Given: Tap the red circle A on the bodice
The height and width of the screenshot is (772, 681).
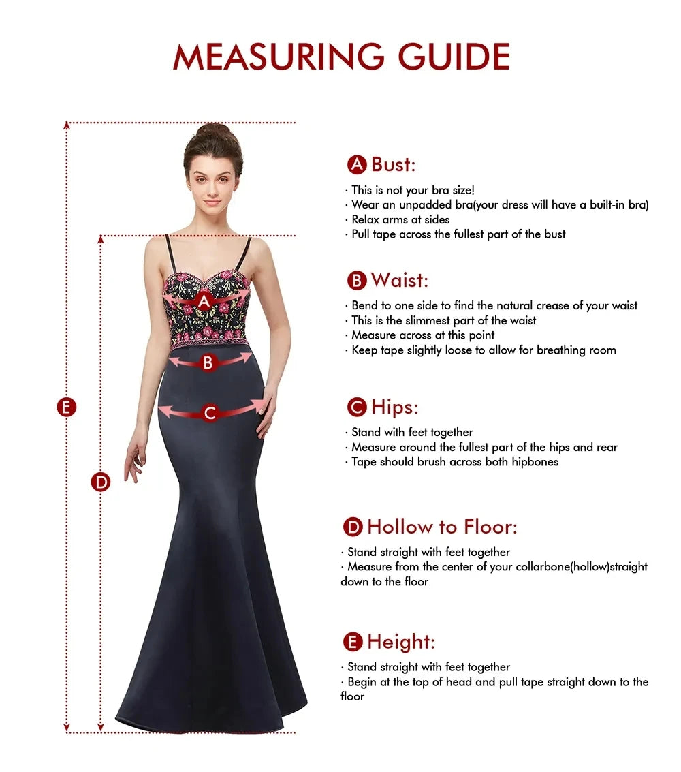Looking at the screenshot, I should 204,300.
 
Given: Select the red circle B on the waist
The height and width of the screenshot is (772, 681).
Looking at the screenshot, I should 208,363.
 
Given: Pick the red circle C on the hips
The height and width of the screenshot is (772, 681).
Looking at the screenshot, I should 210,412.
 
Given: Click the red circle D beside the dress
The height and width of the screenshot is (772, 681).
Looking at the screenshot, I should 101,482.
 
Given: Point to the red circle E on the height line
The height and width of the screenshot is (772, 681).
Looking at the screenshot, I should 66,407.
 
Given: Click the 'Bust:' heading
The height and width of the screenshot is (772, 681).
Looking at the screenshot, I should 393,164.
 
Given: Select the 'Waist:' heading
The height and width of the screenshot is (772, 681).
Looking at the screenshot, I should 399,280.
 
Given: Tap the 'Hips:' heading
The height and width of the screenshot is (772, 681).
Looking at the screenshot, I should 394,407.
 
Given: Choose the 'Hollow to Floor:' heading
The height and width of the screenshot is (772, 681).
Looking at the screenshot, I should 442,527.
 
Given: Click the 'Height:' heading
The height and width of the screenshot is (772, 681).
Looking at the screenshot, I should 400,642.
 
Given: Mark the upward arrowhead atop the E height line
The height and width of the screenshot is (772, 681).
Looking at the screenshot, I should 67,125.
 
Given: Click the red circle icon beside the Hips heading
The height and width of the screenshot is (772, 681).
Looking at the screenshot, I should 357,407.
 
